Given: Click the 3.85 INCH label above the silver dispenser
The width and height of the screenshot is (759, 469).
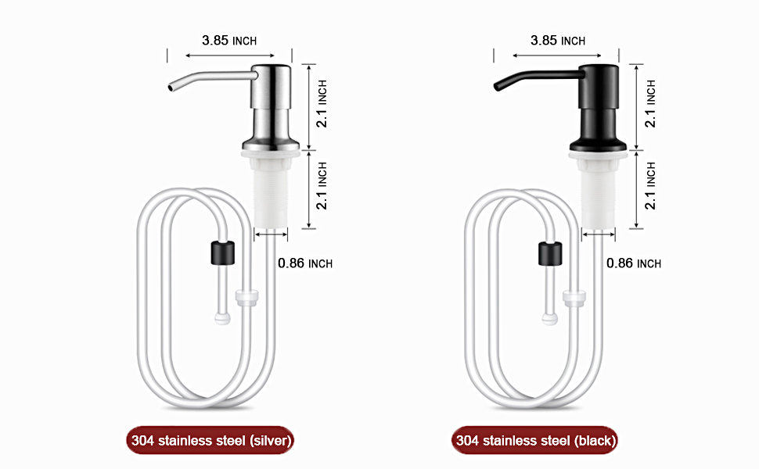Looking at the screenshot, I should click(x=228, y=41).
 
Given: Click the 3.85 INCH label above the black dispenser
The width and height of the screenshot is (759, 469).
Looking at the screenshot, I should click(x=557, y=41).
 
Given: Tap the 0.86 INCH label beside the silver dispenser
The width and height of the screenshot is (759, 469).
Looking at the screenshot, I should click(x=305, y=263).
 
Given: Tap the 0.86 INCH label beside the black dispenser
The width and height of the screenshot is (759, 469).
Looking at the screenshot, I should click(x=634, y=263).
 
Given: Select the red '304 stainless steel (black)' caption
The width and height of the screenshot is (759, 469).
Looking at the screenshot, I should click(x=536, y=441).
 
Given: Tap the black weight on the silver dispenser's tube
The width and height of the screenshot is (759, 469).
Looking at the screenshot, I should click(x=223, y=252).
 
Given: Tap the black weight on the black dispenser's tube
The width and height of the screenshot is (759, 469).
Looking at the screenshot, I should click(x=551, y=252).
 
